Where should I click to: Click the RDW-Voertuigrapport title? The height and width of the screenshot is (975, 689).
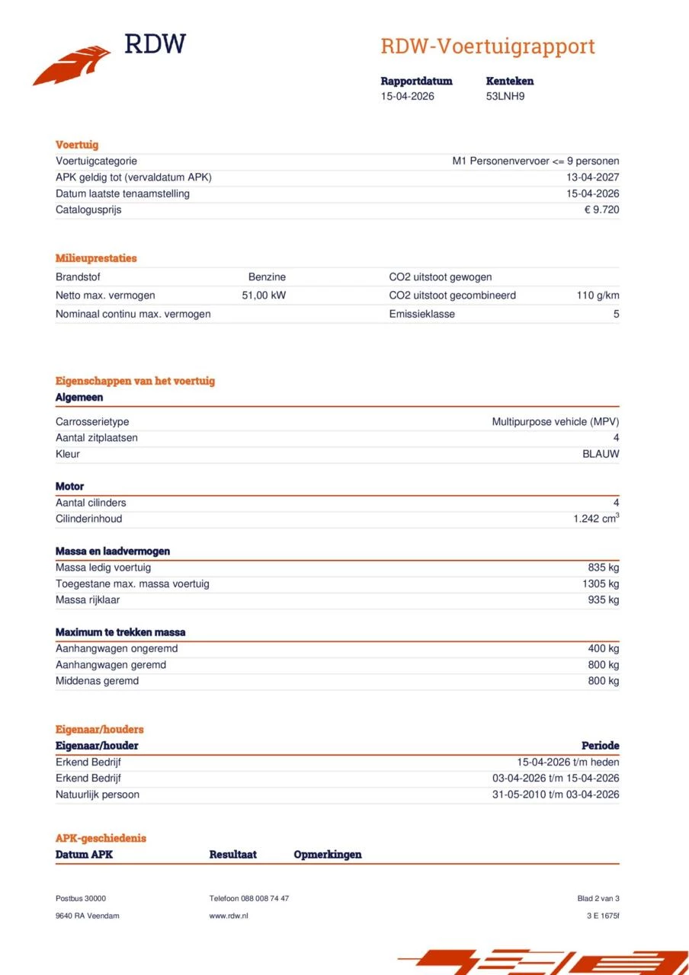[487, 46]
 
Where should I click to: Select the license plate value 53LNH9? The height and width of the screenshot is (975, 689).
[505, 96]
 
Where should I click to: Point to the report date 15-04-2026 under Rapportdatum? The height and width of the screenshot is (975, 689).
[407, 96]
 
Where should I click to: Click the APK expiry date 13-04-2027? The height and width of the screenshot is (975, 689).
[593, 177]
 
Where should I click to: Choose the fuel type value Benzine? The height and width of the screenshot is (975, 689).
[267, 277]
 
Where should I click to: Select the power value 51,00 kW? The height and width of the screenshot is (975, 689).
[264, 296]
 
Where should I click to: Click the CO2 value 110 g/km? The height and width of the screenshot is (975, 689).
[598, 296]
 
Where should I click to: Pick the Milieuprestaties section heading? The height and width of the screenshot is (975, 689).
[96, 258]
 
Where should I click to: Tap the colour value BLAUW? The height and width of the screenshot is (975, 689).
[601, 454]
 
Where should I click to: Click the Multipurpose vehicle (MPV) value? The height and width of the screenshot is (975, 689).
[555, 421]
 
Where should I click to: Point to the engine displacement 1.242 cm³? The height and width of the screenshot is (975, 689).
[596, 519]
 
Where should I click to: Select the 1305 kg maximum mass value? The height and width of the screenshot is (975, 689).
[601, 583]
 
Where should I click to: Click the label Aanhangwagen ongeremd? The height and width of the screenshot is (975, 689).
[117, 648]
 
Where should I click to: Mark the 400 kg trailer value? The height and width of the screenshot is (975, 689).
[603, 648]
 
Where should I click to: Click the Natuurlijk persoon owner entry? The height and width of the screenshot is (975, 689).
[98, 794]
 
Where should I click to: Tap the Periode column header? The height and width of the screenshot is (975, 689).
[600, 746]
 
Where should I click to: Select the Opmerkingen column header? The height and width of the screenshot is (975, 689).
[328, 855]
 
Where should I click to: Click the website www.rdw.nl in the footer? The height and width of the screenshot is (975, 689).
[229, 916]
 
